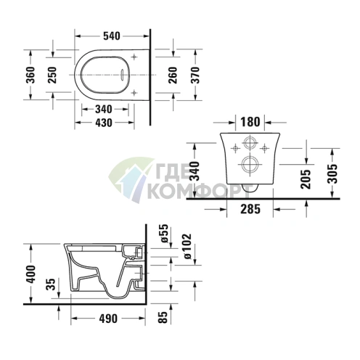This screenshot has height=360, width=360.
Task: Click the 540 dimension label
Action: [110, 33]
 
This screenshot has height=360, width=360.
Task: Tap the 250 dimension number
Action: [53, 75]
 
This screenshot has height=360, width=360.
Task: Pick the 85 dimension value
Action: [165, 316]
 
